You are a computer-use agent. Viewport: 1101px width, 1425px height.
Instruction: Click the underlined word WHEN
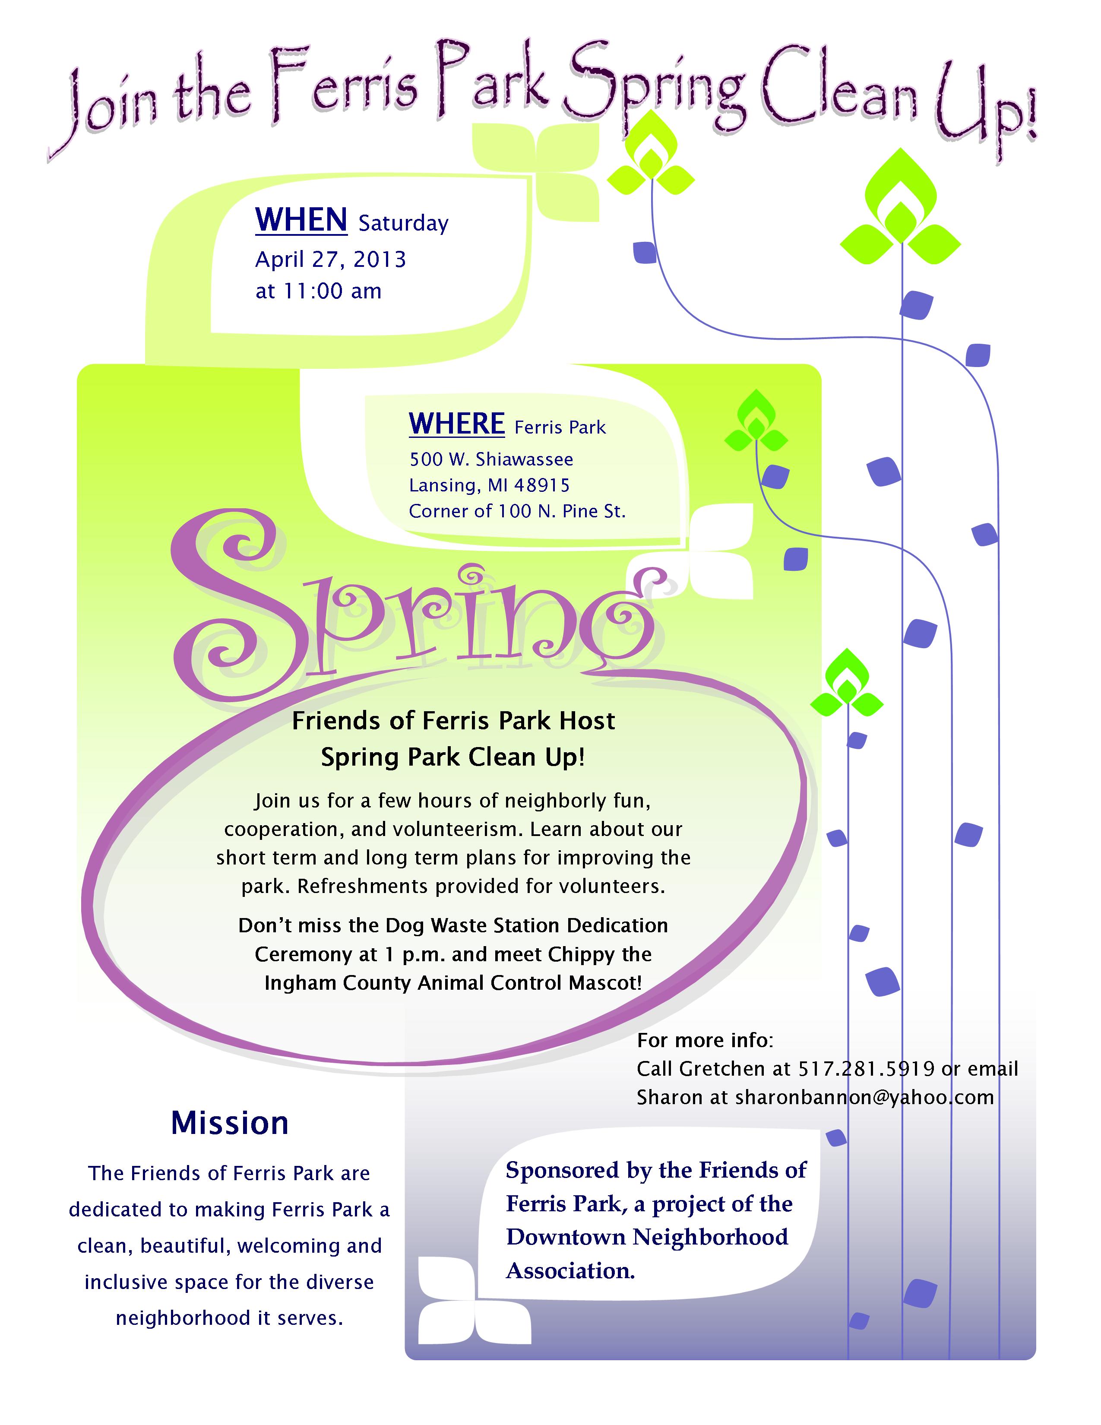click(301, 219)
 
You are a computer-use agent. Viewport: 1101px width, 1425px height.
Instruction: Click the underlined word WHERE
click(456, 424)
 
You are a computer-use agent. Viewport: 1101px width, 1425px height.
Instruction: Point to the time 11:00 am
click(332, 291)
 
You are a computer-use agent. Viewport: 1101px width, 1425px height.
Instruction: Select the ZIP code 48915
click(542, 485)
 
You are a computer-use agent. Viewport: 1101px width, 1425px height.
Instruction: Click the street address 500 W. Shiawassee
click(491, 459)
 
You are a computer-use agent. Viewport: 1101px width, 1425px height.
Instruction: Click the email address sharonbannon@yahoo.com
click(864, 1097)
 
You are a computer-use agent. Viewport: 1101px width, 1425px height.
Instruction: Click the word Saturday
click(404, 224)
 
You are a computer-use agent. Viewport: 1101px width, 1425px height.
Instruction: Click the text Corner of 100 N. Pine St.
click(517, 511)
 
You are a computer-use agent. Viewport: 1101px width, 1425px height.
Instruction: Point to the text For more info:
click(705, 1040)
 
